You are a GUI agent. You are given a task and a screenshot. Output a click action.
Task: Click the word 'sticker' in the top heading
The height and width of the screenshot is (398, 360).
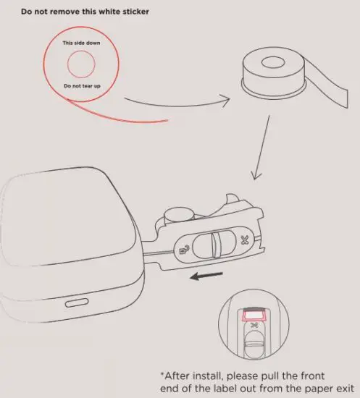coord(134,12)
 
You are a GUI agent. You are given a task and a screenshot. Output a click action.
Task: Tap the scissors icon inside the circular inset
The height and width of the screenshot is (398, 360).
coord(254,327)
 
